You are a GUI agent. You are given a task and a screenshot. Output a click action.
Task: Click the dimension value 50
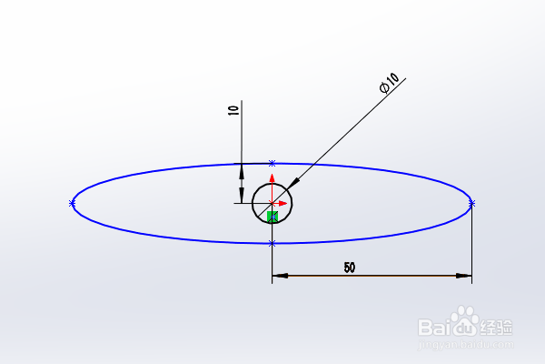(349, 268)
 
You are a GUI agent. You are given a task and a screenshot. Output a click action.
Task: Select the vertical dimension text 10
(233, 110)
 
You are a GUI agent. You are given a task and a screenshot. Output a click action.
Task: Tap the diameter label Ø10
(389, 85)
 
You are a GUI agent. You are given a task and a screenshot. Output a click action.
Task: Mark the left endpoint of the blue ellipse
(72, 203)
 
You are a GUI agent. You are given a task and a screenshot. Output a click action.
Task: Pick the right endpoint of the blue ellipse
(471, 203)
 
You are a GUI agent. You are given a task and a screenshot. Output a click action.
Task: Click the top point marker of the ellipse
(272, 163)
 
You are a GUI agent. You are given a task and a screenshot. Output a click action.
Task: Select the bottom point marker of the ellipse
(272, 243)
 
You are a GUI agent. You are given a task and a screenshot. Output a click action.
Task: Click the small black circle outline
(253, 203)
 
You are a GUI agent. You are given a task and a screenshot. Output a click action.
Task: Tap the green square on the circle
(272, 216)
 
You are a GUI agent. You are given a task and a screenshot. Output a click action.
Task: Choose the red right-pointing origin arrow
(282, 203)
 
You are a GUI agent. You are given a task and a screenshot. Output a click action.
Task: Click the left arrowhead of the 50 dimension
(278, 275)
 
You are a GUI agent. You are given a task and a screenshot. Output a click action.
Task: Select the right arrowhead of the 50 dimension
(466, 275)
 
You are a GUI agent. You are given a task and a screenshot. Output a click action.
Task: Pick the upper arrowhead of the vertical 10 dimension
(242, 168)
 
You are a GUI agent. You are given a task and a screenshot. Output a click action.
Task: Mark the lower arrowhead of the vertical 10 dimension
(242, 197)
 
